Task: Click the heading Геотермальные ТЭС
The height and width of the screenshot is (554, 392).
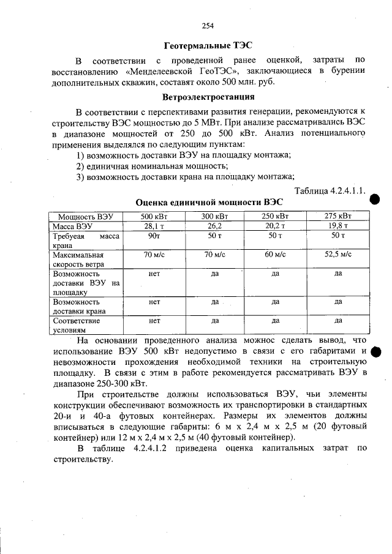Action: click(x=208, y=45)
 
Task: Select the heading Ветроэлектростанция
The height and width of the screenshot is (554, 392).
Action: click(x=208, y=97)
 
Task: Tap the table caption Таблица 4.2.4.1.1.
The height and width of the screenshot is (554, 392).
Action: click(x=330, y=190)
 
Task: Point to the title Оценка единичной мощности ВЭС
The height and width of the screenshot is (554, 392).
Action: click(x=209, y=201)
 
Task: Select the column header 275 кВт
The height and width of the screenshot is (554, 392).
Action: click(x=337, y=216)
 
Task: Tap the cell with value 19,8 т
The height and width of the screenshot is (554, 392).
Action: click(x=337, y=226)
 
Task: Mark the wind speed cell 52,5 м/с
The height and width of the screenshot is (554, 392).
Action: click(x=337, y=255)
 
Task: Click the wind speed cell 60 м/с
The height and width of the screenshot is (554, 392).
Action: click(x=276, y=255)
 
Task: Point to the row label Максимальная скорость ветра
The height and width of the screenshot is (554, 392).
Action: click(x=78, y=260)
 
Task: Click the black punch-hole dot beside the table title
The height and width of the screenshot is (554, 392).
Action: click(x=375, y=198)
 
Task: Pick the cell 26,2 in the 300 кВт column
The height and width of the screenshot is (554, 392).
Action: click(x=214, y=226)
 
